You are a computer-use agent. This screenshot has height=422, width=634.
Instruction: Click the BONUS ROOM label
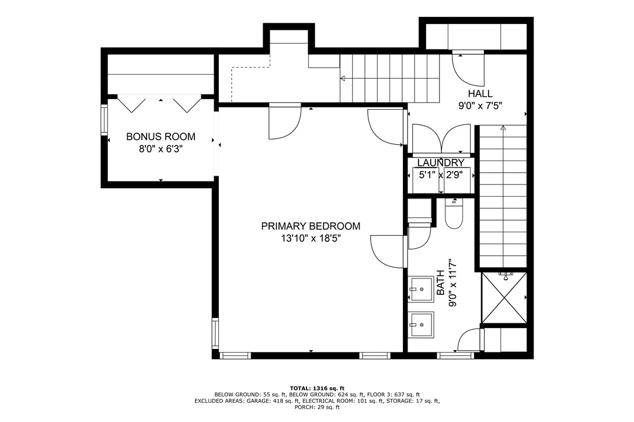pyautogui.click(x=161, y=137)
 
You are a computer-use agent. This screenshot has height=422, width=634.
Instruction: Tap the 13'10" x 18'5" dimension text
pyautogui.click(x=311, y=238)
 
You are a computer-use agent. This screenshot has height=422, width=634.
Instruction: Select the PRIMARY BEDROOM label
pyautogui.click(x=311, y=226)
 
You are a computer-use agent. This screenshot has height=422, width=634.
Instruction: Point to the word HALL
pyautogui.click(x=480, y=93)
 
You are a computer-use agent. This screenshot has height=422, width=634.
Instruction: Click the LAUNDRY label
pyautogui.click(x=441, y=163)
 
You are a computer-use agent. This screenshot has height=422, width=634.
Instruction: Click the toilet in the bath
pyautogui.click(x=453, y=215)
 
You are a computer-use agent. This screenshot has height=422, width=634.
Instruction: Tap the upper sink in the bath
pyautogui.click(x=421, y=289)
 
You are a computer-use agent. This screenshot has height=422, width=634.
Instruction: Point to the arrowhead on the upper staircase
pyautogui.click(x=343, y=78)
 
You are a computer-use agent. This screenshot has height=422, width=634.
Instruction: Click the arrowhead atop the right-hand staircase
pyautogui.click(x=503, y=127)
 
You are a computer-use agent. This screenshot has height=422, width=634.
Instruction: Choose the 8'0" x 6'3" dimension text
pyautogui.click(x=161, y=150)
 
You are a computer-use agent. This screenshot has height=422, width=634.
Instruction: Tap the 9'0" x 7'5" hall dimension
pyautogui.click(x=480, y=106)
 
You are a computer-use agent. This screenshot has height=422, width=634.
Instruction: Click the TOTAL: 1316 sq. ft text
pyautogui.click(x=317, y=388)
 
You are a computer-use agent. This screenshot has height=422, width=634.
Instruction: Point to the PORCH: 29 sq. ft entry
pyautogui.click(x=317, y=407)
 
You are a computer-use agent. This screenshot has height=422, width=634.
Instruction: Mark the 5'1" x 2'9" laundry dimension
pyautogui.click(x=441, y=174)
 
